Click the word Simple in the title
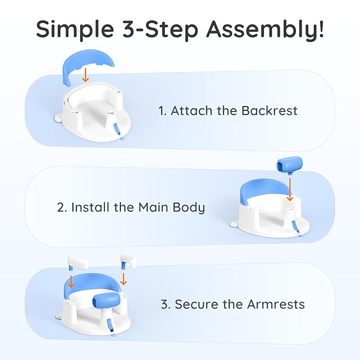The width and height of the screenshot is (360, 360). (x=75, y=29)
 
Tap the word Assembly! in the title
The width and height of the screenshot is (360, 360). (x=265, y=29)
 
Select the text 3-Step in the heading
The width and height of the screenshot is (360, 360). (x=160, y=29)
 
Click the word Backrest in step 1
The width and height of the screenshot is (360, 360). (x=269, y=111)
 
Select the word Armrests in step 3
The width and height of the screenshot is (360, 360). (x=276, y=304)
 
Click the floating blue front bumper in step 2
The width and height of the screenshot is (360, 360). (x=289, y=164)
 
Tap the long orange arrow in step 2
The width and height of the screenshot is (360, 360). (x=290, y=189)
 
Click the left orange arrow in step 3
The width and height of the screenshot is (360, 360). (x=71, y=281)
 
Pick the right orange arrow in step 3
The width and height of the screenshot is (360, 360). (x=124, y=279)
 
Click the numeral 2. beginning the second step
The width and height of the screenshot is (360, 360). (x=62, y=207)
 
